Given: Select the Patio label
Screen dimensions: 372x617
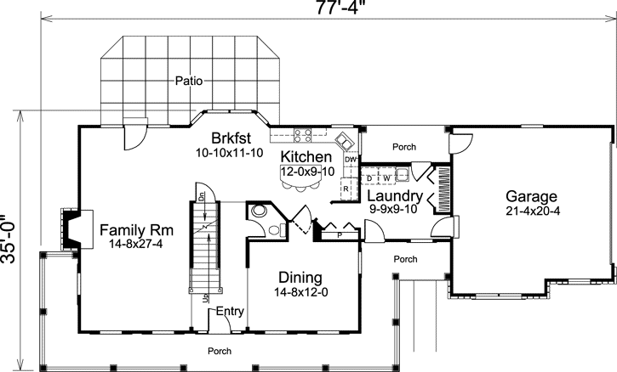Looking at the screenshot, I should (188, 82).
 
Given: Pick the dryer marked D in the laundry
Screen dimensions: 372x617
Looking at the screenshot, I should (369, 178).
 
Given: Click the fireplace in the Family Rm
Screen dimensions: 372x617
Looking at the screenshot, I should (70, 229).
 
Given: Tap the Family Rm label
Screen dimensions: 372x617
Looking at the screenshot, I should (125, 229).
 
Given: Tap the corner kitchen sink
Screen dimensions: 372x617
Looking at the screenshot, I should (342, 140).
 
